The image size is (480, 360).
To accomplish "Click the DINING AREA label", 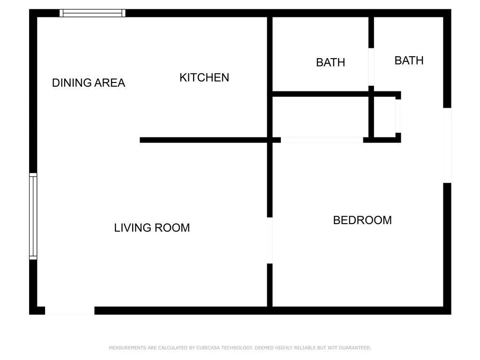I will (x=89, y=83).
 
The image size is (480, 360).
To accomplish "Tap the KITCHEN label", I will (x=204, y=77).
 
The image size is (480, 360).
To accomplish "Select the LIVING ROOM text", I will (x=152, y=228).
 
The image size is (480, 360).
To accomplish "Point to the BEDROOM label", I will (x=362, y=220).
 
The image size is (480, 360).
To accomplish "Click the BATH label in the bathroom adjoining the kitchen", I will (x=330, y=62).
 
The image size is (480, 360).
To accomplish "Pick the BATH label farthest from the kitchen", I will (x=409, y=60).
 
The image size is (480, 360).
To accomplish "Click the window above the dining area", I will (x=92, y=13).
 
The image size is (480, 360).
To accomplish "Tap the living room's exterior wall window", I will (x=33, y=216).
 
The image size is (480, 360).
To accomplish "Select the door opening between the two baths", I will (x=371, y=67).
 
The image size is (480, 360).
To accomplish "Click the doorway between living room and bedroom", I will (x=270, y=240).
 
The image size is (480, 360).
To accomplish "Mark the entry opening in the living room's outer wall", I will (x=69, y=310).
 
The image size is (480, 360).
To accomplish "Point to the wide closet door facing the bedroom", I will (x=322, y=140).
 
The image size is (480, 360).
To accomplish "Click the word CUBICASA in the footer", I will (x=208, y=348).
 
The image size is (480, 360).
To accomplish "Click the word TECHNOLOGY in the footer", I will (x=237, y=348).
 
